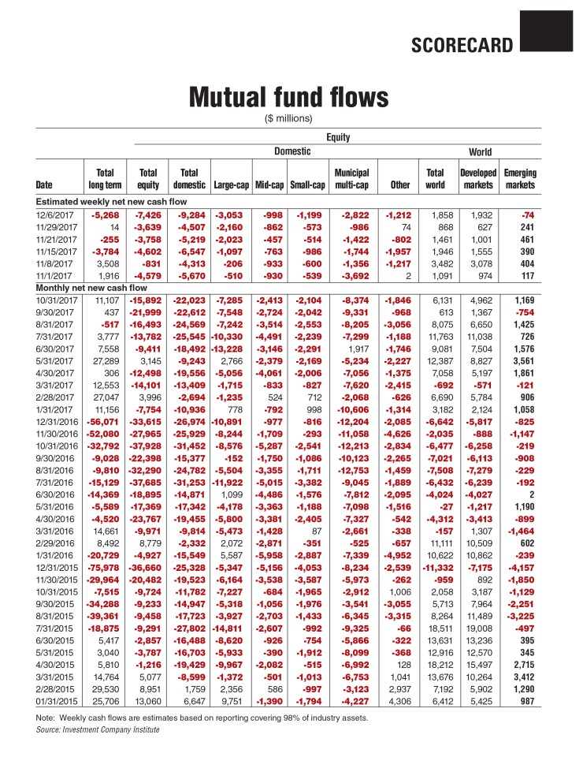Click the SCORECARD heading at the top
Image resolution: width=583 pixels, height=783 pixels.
(461, 45)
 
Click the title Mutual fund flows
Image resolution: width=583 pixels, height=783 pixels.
(288, 97)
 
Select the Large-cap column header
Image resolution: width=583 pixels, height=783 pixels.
(231, 186)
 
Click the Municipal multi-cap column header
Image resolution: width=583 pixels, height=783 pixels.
(352, 179)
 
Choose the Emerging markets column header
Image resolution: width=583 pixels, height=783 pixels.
(519, 179)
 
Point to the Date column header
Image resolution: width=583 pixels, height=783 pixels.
(45, 186)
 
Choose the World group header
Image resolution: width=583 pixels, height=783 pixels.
(480, 151)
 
